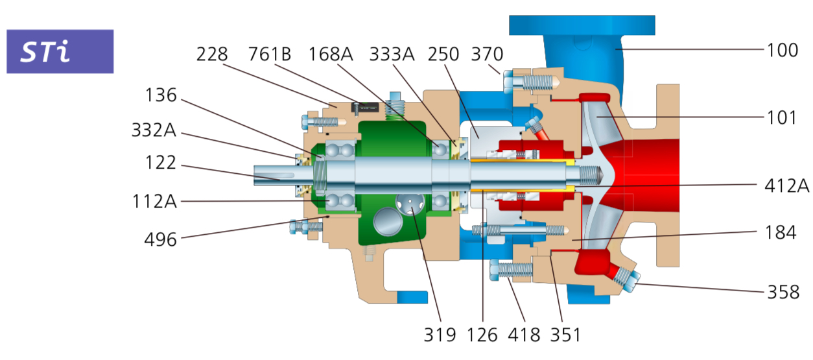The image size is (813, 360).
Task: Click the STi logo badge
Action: click(60, 51)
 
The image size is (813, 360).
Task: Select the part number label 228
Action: click(213, 54)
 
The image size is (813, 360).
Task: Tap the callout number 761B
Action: click(270, 54)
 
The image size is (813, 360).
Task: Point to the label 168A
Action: click(331, 54)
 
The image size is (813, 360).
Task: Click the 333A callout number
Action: click(392, 54)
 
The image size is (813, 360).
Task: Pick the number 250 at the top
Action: click(444, 54)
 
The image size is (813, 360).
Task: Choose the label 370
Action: click(488, 54)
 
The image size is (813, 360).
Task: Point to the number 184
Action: click(781, 232)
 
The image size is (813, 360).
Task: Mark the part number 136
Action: click(161, 95)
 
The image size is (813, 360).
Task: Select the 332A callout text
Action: click(154, 130)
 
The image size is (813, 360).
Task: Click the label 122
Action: click(161, 163)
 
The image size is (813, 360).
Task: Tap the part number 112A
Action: click(154, 202)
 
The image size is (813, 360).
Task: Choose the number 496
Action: click(161, 239)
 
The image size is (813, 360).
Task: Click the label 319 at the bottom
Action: click(440, 335)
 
